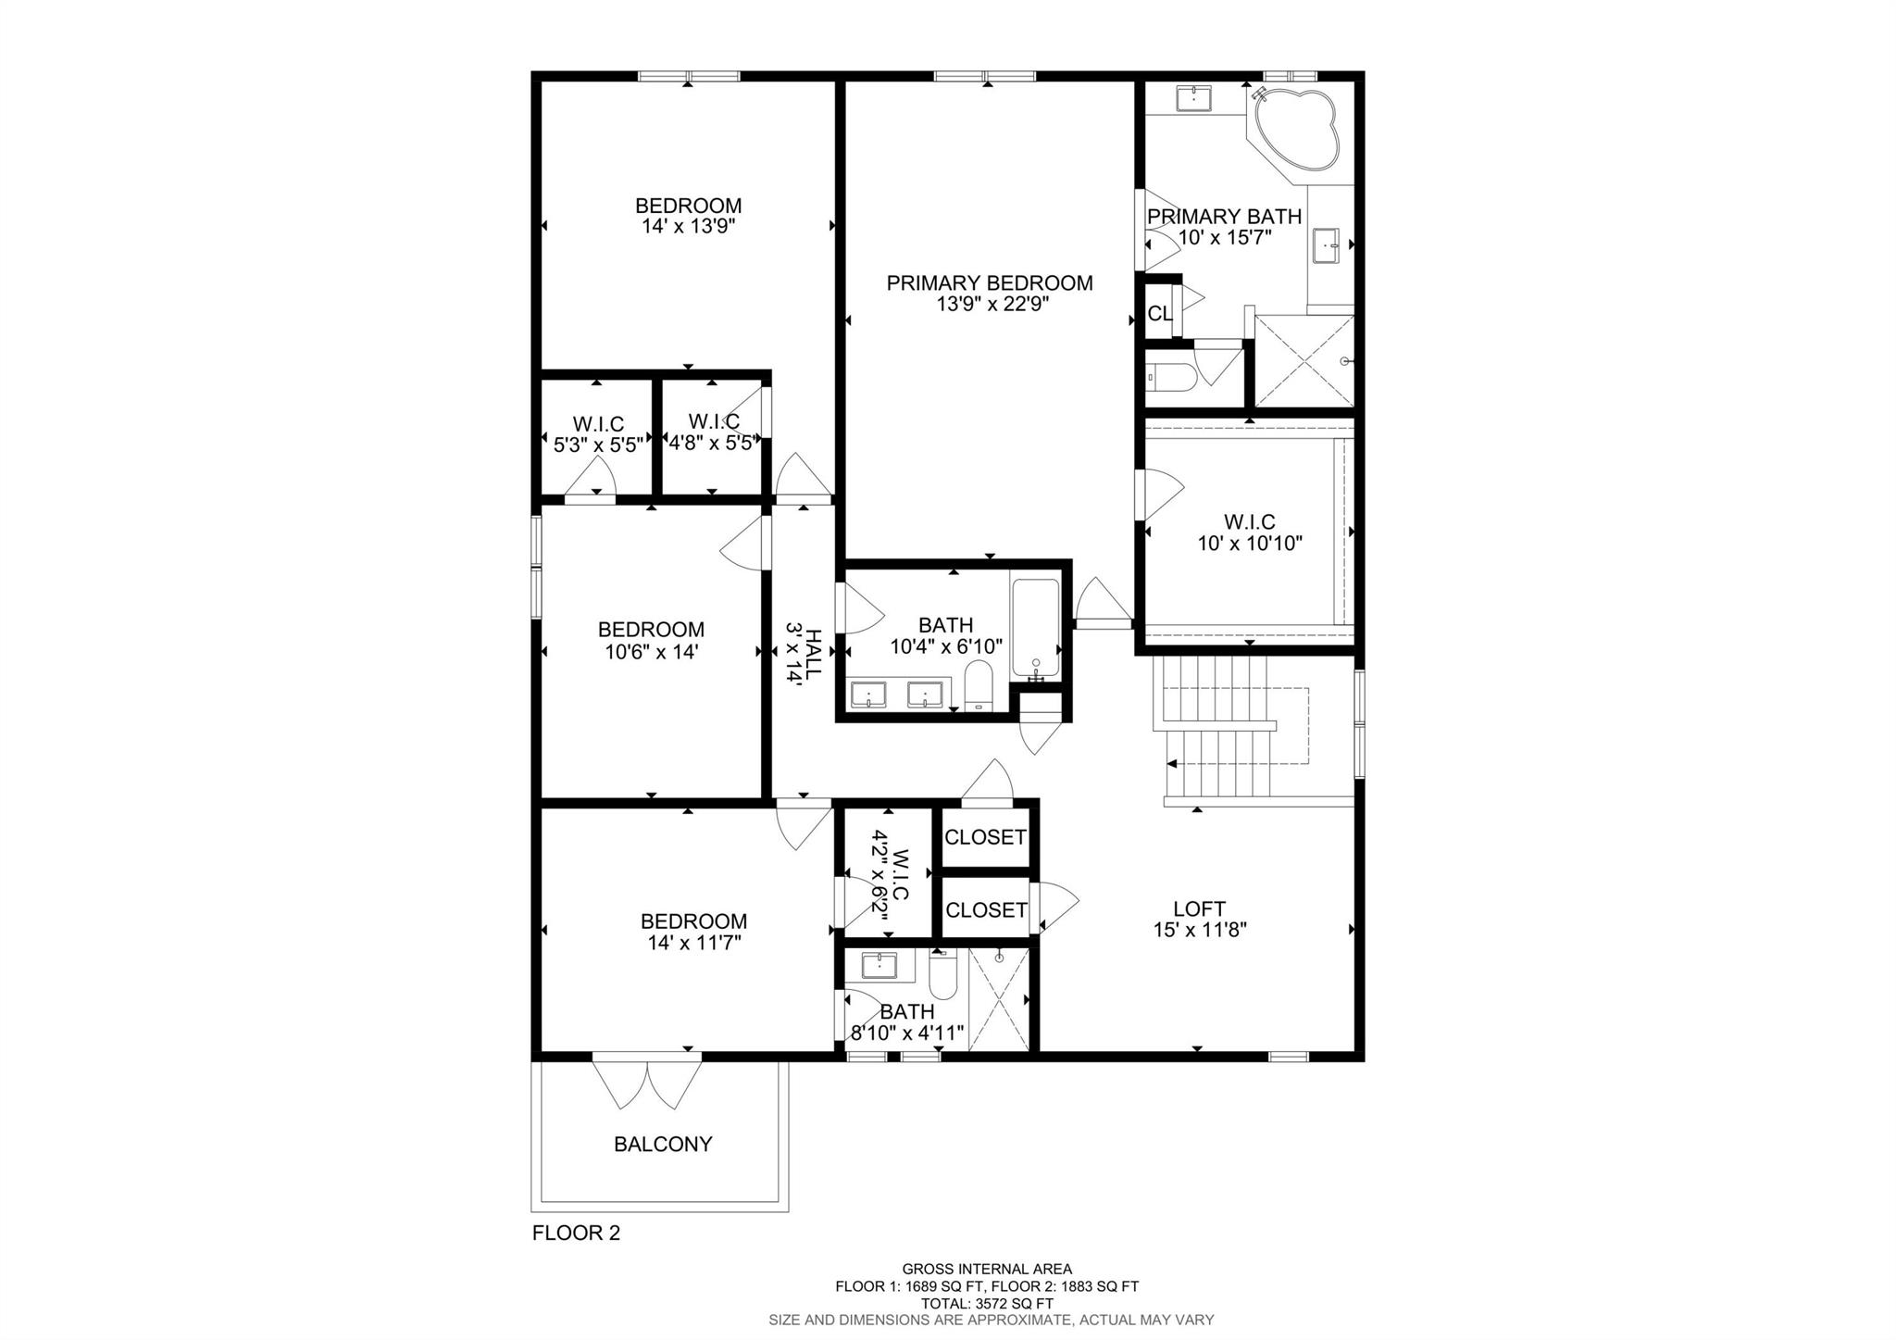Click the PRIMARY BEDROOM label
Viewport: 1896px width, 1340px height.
pos(990,283)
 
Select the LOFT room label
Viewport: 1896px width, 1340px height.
pos(1200,909)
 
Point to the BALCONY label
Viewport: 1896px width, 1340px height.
pos(663,1145)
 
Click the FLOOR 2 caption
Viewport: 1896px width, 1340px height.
pos(576,1234)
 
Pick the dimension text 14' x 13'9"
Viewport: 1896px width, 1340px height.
pos(689,227)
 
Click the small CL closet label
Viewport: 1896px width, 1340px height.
pos(1160,314)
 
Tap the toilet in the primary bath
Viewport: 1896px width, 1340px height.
pos(1171,378)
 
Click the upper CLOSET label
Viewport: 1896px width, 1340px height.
pos(985,837)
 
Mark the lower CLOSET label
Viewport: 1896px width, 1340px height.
pos(985,910)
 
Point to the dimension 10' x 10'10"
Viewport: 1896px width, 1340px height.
pos(1250,544)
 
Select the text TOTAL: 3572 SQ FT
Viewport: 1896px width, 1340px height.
pos(987,1303)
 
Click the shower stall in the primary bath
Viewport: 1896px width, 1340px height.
pos(1303,361)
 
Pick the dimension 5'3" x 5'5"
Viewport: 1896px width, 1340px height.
pos(598,445)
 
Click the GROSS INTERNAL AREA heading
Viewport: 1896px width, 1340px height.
pos(987,1270)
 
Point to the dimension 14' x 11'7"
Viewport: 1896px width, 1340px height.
pos(694,944)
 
